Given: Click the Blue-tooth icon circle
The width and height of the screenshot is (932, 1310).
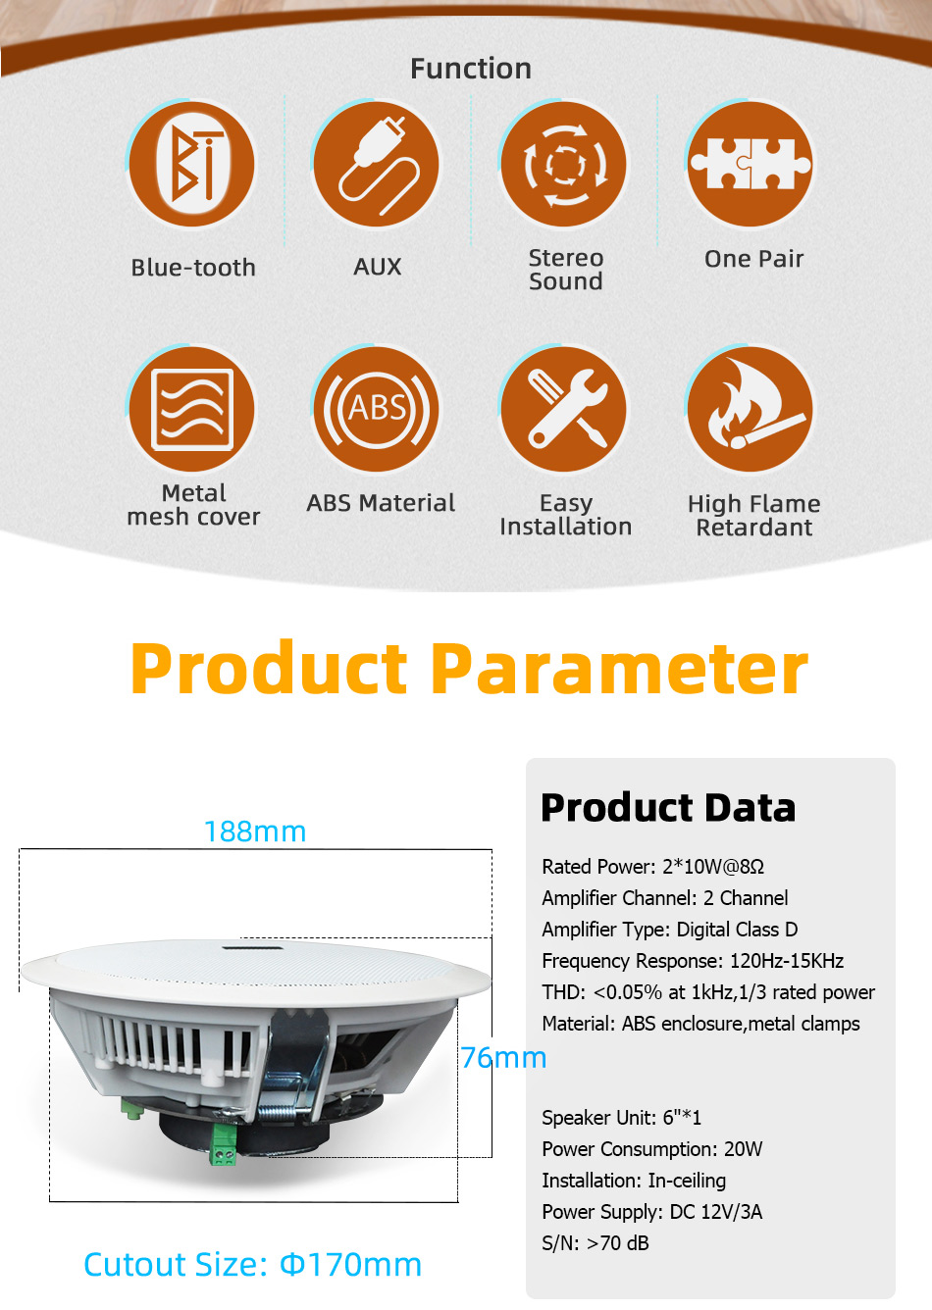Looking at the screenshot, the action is [192, 164].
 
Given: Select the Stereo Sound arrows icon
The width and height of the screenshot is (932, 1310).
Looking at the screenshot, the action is [563, 164].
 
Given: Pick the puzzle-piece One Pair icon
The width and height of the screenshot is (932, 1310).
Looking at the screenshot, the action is [751, 164].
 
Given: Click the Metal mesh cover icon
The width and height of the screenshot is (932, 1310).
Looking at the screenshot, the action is [192, 409].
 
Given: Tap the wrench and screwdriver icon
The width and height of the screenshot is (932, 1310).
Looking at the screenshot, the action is [563, 409].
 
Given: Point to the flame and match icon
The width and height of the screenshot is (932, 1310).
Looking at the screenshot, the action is [751, 409].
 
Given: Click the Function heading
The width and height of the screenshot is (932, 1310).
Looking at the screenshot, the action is [471, 69].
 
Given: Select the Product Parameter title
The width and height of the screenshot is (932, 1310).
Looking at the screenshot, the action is [469, 668].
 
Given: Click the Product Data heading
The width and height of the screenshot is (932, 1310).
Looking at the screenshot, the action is [668, 808].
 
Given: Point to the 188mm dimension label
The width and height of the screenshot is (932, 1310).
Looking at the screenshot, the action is [255, 831].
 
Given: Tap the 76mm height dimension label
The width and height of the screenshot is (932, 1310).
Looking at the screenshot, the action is [503, 1057].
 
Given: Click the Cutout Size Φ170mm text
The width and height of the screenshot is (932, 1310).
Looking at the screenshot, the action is [253, 1264].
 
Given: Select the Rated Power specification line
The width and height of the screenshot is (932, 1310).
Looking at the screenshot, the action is [653, 866].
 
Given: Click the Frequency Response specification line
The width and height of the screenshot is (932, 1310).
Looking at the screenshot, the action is [693, 961].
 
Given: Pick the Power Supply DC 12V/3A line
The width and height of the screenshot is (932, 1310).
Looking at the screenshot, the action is [651, 1212].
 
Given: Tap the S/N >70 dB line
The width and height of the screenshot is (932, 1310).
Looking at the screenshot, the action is [595, 1243].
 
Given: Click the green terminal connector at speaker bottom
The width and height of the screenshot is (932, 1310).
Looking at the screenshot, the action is [223, 1144].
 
